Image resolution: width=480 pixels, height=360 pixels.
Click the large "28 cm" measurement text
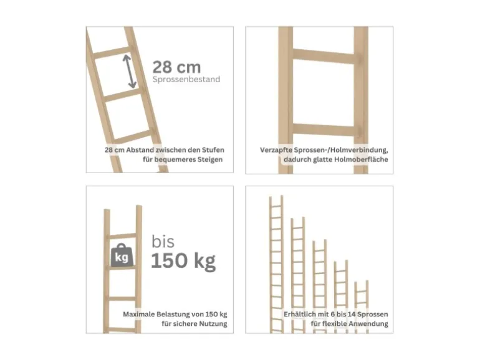[176, 67]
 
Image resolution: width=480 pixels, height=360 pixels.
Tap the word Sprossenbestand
[186, 79]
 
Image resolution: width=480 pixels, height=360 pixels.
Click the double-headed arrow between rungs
[130, 71]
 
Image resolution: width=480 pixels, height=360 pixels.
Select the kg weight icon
[122, 255]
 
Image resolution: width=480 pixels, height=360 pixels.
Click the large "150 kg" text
[183, 261]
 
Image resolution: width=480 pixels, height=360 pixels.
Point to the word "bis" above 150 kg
[163, 242]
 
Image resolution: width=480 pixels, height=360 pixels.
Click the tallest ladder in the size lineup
[276, 264]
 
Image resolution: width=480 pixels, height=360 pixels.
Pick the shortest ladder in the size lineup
[362, 307]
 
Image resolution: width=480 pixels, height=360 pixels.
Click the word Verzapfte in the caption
[276, 150]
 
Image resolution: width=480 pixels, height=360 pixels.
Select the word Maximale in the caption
[138, 315]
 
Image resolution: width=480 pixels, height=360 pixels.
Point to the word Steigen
[210, 159]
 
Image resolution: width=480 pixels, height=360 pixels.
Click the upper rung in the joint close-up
[324, 56]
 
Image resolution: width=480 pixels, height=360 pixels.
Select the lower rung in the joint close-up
[324, 130]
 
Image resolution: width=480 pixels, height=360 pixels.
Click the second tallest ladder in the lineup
[298, 275]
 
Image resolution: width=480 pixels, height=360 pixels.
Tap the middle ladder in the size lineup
[319, 287]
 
